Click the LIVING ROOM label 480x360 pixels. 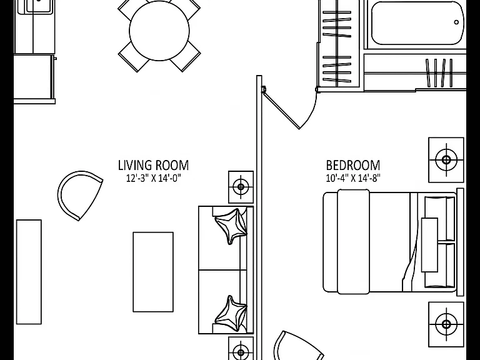click(153, 165)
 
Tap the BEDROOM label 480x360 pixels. click(353, 165)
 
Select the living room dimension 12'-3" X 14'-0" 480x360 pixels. click(154, 178)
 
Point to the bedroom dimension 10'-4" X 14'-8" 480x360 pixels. click(353, 178)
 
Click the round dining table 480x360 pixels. click(159, 30)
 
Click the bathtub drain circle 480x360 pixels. click(456, 22)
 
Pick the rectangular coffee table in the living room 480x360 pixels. click(153, 272)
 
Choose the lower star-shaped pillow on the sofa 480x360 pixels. click(231, 313)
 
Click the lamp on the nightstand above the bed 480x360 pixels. click(446, 160)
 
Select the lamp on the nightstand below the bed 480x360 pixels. click(446, 324)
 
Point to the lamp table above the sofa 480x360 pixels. click(241, 187)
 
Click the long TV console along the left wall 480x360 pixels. click(29, 272)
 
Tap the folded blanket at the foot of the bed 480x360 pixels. click(353, 242)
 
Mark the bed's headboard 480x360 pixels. click(460, 242)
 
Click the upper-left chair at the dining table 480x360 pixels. click(130, 7)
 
